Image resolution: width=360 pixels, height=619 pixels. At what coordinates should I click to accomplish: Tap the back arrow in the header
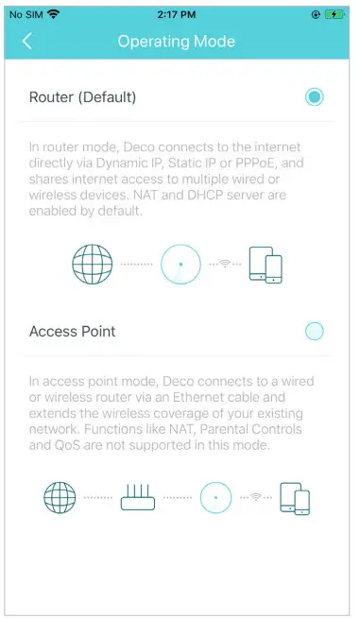(x=26, y=41)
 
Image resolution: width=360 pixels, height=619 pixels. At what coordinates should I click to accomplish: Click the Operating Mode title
(x=176, y=41)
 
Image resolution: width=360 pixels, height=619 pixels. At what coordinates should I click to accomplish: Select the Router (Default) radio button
(x=315, y=96)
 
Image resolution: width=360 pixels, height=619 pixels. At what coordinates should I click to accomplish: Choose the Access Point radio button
(x=315, y=331)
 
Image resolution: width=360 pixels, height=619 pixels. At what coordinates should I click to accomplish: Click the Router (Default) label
(x=83, y=96)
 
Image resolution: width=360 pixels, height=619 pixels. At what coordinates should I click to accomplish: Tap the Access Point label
(x=73, y=331)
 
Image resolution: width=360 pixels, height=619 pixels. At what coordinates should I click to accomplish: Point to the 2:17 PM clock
(x=176, y=14)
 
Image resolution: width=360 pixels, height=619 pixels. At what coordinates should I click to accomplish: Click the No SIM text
(x=25, y=14)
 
